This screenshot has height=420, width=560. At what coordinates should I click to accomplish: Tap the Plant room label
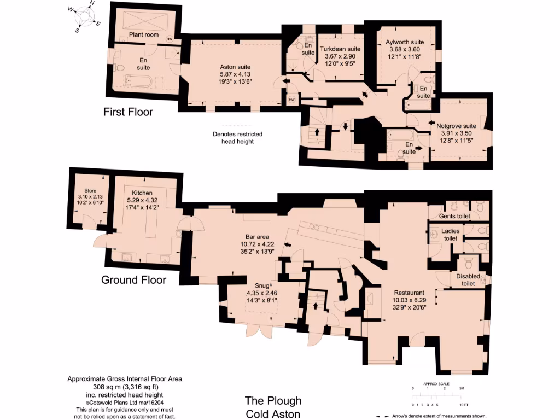pyautogui.click(x=144, y=35)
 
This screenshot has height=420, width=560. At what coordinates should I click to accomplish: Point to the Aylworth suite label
pyautogui.click(x=405, y=42)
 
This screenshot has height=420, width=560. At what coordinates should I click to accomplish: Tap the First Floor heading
pyautogui.click(x=129, y=112)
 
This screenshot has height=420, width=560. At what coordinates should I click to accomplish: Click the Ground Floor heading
pyautogui.click(x=133, y=280)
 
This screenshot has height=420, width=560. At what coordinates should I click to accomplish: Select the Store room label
pyautogui.click(x=86, y=191)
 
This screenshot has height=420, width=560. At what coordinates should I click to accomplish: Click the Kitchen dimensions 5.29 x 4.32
pyautogui.click(x=142, y=200)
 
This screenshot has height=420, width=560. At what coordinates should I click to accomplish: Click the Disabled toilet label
pyautogui.click(x=468, y=279)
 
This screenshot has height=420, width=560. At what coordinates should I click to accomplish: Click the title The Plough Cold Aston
pyautogui.click(x=272, y=407)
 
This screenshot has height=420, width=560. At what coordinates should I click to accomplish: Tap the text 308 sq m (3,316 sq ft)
pyautogui.click(x=125, y=387)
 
